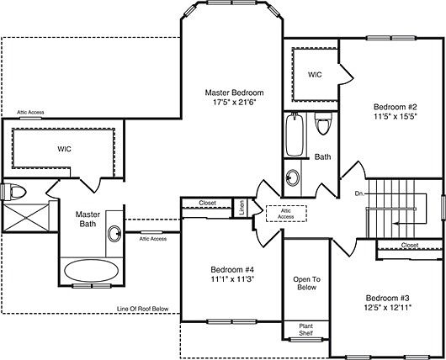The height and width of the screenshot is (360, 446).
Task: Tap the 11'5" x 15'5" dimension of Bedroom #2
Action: click(x=396, y=119)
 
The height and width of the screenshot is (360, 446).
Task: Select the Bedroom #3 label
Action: click(x=388, y=298)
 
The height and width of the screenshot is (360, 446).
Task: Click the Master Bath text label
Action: click(x=88, y=220)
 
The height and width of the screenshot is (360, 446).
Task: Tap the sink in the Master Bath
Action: click(x=114, y=234)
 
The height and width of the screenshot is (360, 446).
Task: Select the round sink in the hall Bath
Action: click(x=292, y=177)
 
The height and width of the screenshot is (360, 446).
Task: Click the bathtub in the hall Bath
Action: click(x=292, y=135)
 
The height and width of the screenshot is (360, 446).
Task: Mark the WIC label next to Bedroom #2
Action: click(x=315, y=75)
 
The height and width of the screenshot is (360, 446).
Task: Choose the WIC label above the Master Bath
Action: click(x=64, y=149)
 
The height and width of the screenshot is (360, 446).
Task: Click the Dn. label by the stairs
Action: click(x=359, y=193)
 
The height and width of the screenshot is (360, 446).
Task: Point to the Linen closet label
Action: click(x=242, y=207)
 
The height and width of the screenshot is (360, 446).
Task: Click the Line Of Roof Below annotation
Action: click(x=143, y=310)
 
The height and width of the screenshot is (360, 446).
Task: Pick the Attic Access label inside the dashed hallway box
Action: click(x=286, y=213)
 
